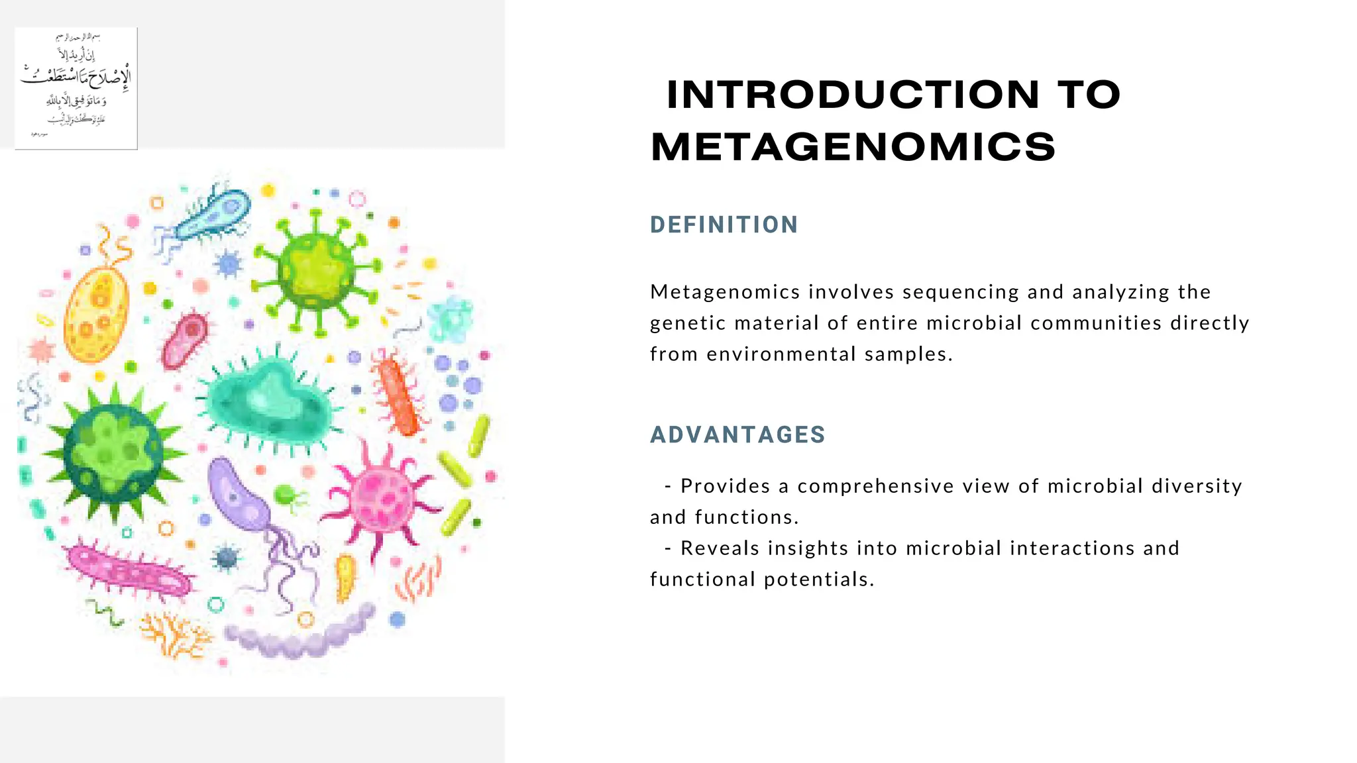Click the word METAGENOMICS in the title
pos(853,147)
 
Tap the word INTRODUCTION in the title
pos(853,95)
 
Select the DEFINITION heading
pos(724,225)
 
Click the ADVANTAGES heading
pos(737,434)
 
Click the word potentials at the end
pos(818,580)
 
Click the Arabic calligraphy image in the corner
pos(76,88)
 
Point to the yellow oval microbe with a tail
pos(96,315)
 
